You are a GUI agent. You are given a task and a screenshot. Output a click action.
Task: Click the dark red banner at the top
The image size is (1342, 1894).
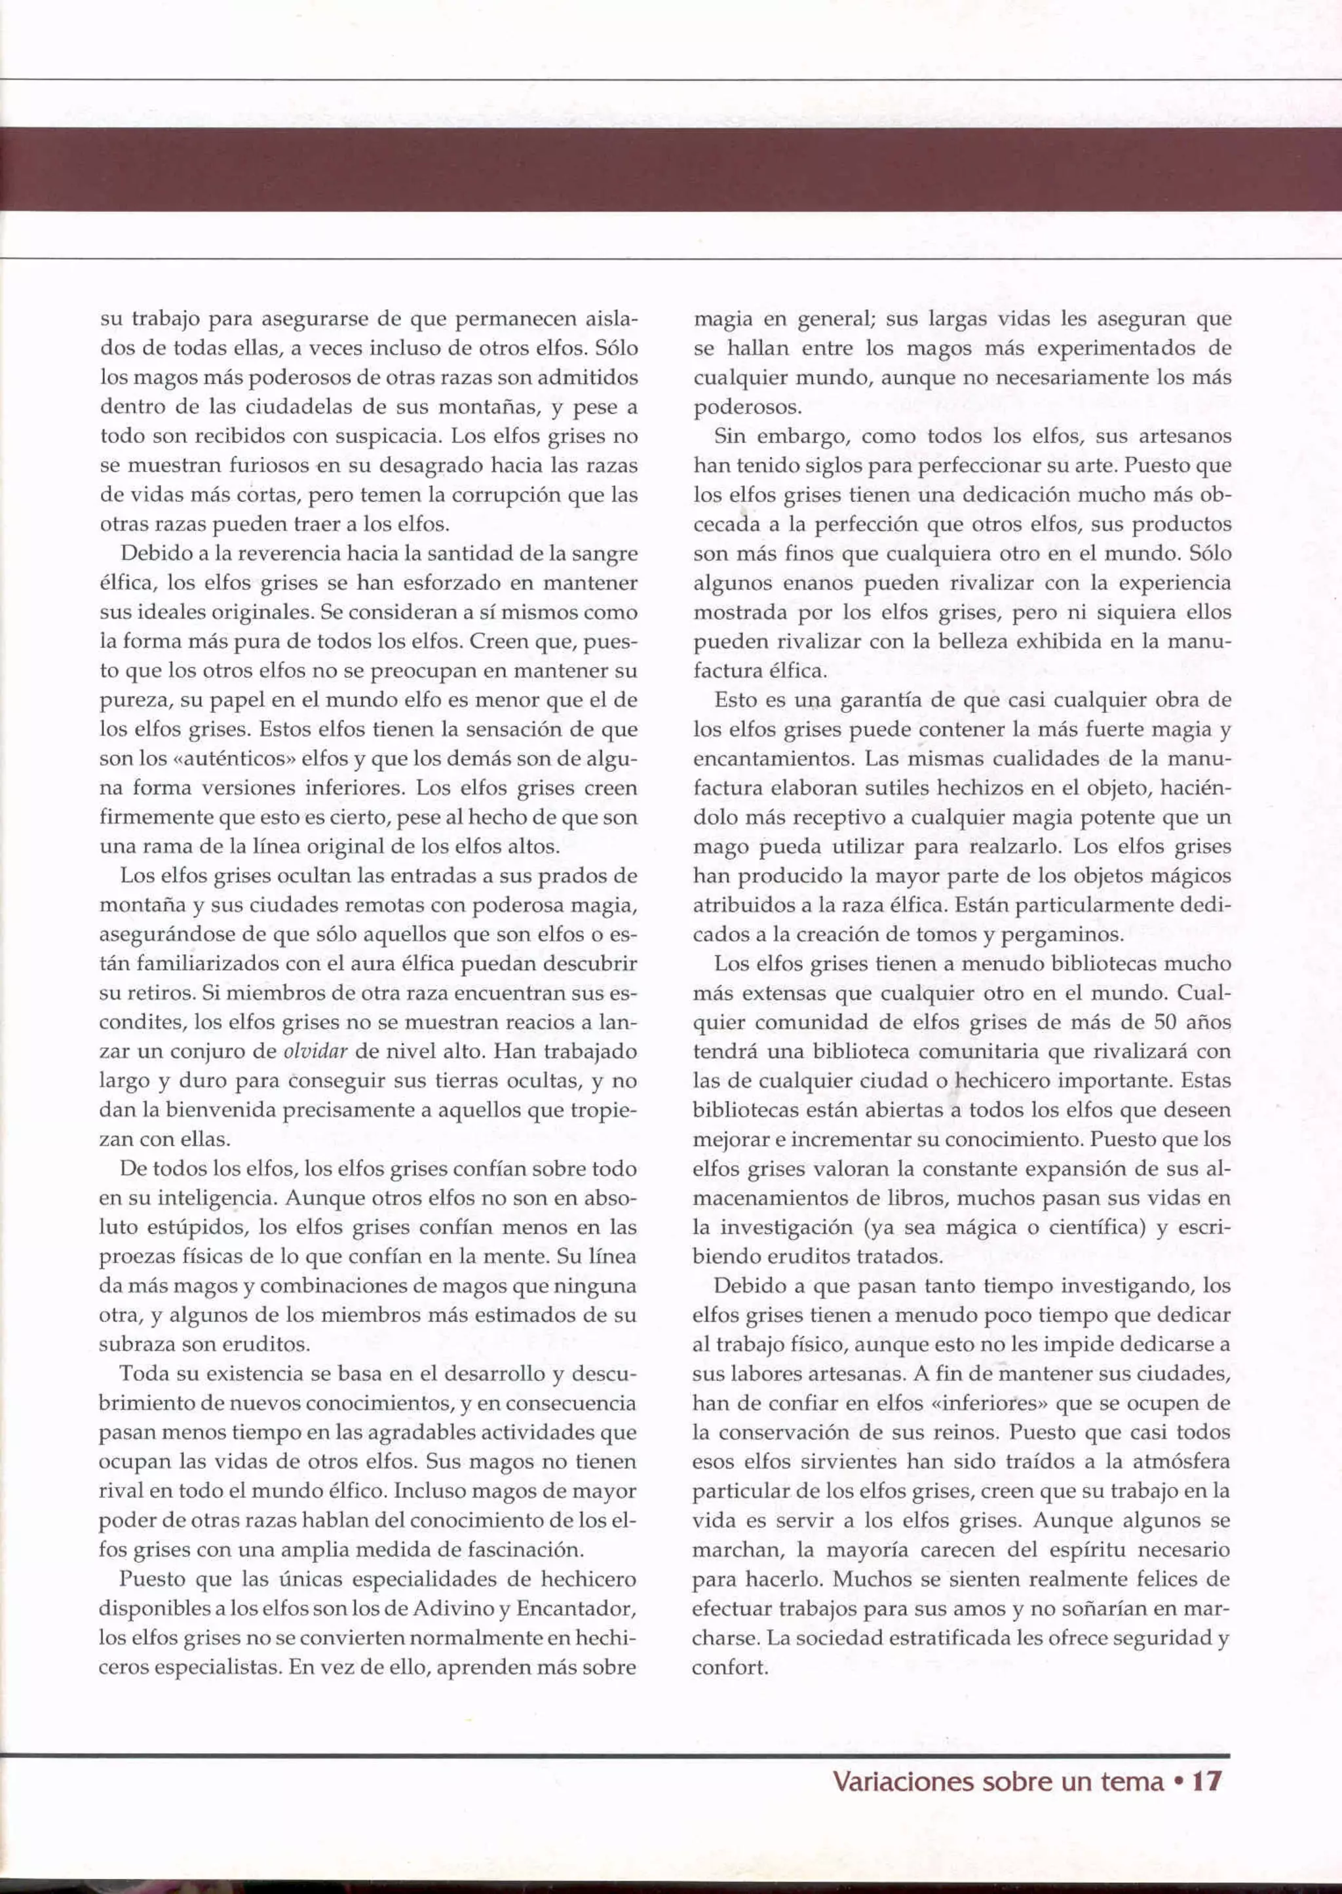click(x=671, y=168)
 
